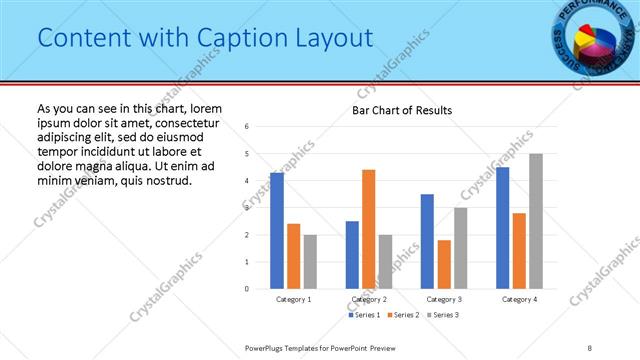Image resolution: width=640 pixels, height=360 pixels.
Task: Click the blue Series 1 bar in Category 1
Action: click(x=277, y=231)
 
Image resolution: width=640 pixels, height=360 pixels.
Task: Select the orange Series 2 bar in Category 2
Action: click(x=368, y=229)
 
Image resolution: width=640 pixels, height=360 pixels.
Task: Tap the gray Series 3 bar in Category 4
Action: click(x=536, y=221)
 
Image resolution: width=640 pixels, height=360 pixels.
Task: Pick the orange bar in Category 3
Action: click(x=444, y=264)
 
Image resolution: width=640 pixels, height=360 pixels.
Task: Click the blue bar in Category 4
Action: click(x=502, y=228)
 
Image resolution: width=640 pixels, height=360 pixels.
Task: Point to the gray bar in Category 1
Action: click(x=310, y=261)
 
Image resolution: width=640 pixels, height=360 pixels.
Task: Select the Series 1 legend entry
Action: click(x=364, y=315)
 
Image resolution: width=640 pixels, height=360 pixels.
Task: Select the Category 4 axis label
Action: click(x=519, y=300)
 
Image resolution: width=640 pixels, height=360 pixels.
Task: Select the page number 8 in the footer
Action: click(x=590, y=348)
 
